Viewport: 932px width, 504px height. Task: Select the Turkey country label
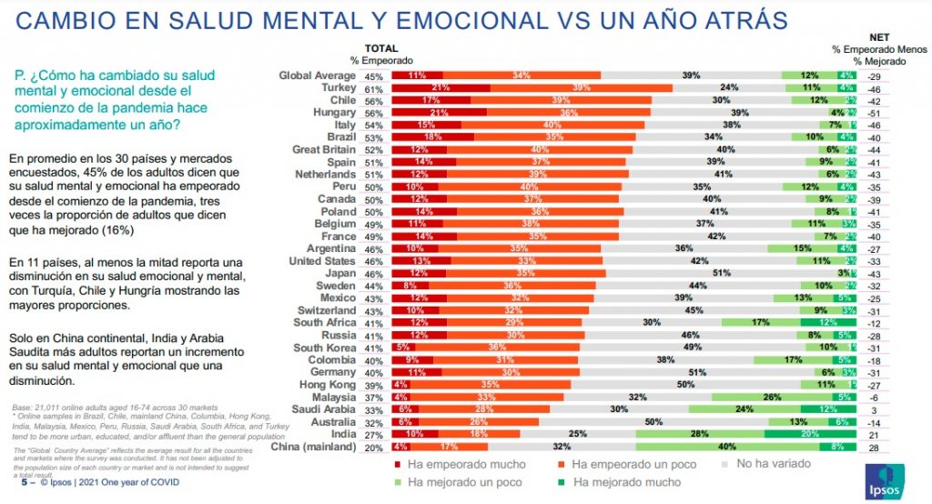pyautogui.click(x=338, y=88)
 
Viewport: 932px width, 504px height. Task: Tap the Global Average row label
pyautogui.click(x=319, y=76)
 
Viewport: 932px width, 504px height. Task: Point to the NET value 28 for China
pyautogui.click(x=874, y=447)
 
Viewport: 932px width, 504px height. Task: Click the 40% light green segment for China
pyautogui.click(x=727, y=447)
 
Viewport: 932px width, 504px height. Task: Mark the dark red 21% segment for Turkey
pyautogui.click(x=441, y=88)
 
